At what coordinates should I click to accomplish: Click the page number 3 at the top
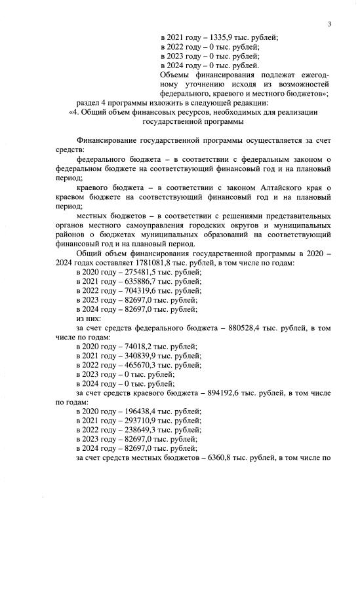pos(330,24)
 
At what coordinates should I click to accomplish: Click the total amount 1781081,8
pos(133,262)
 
